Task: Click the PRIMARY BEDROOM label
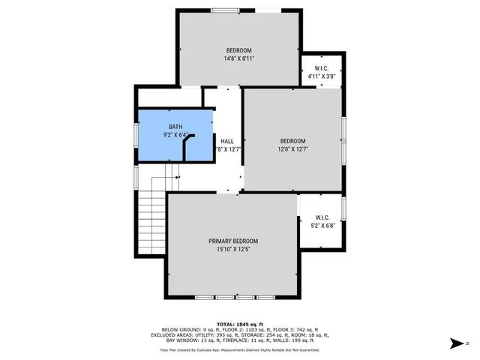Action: (232, 241)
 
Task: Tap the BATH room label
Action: (175, 127)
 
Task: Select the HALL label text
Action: (226, 141)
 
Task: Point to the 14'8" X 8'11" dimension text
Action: (238, 58)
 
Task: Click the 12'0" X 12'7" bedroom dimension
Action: (292, 149)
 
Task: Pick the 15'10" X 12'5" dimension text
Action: (232, 249)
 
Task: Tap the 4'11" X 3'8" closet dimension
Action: (322, 76)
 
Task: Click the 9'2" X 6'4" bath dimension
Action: (175, 135)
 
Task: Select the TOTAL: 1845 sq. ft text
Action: (239, 323)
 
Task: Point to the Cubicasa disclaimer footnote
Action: (239, 349)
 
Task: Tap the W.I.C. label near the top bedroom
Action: (322, 68)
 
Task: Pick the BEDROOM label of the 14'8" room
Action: (238, 50)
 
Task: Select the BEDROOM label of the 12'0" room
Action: (292, 141)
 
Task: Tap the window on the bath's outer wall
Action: (136, 134)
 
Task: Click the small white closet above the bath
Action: (169, 97)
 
